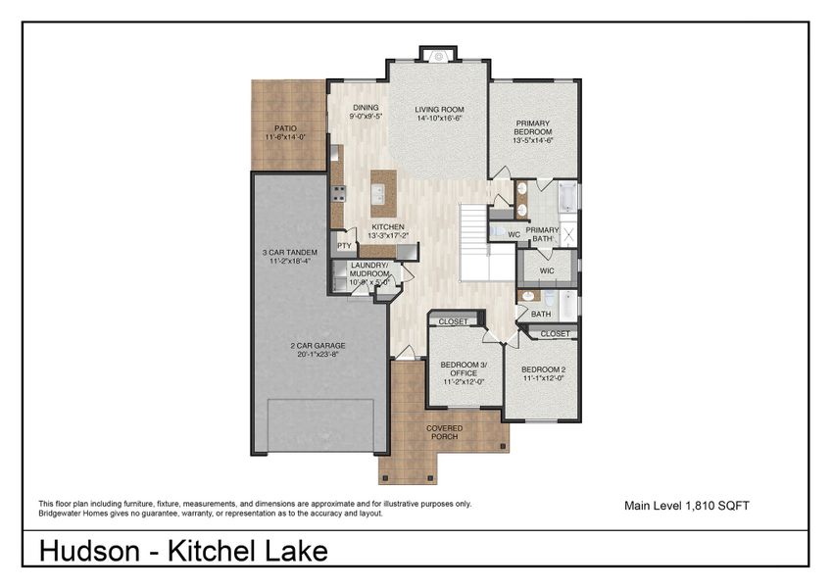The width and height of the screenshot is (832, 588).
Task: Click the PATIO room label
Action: click(285, 128)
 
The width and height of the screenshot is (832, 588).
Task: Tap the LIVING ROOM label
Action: click(438, 110)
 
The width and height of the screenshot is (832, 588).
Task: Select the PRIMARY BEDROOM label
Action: click(533, 127)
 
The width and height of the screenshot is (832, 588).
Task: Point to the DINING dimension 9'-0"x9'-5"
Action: click(366, 116)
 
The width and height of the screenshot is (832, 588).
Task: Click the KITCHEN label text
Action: click(387, 227)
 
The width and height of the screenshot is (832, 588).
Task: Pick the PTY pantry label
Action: click(344, 246)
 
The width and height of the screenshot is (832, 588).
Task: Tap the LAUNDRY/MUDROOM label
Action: click(369, 269)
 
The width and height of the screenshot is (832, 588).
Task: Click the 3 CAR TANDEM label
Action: click(289, 252)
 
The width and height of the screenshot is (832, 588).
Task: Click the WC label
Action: click(514, 234)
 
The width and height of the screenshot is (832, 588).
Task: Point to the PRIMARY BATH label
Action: click(542, 233)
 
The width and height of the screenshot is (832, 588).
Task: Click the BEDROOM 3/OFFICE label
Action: click(459, 368)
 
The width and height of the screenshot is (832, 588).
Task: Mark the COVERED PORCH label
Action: click(445, 432)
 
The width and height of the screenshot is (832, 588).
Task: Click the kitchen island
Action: click(383, 193)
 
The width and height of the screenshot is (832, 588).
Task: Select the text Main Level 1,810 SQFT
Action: click(687, 506)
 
